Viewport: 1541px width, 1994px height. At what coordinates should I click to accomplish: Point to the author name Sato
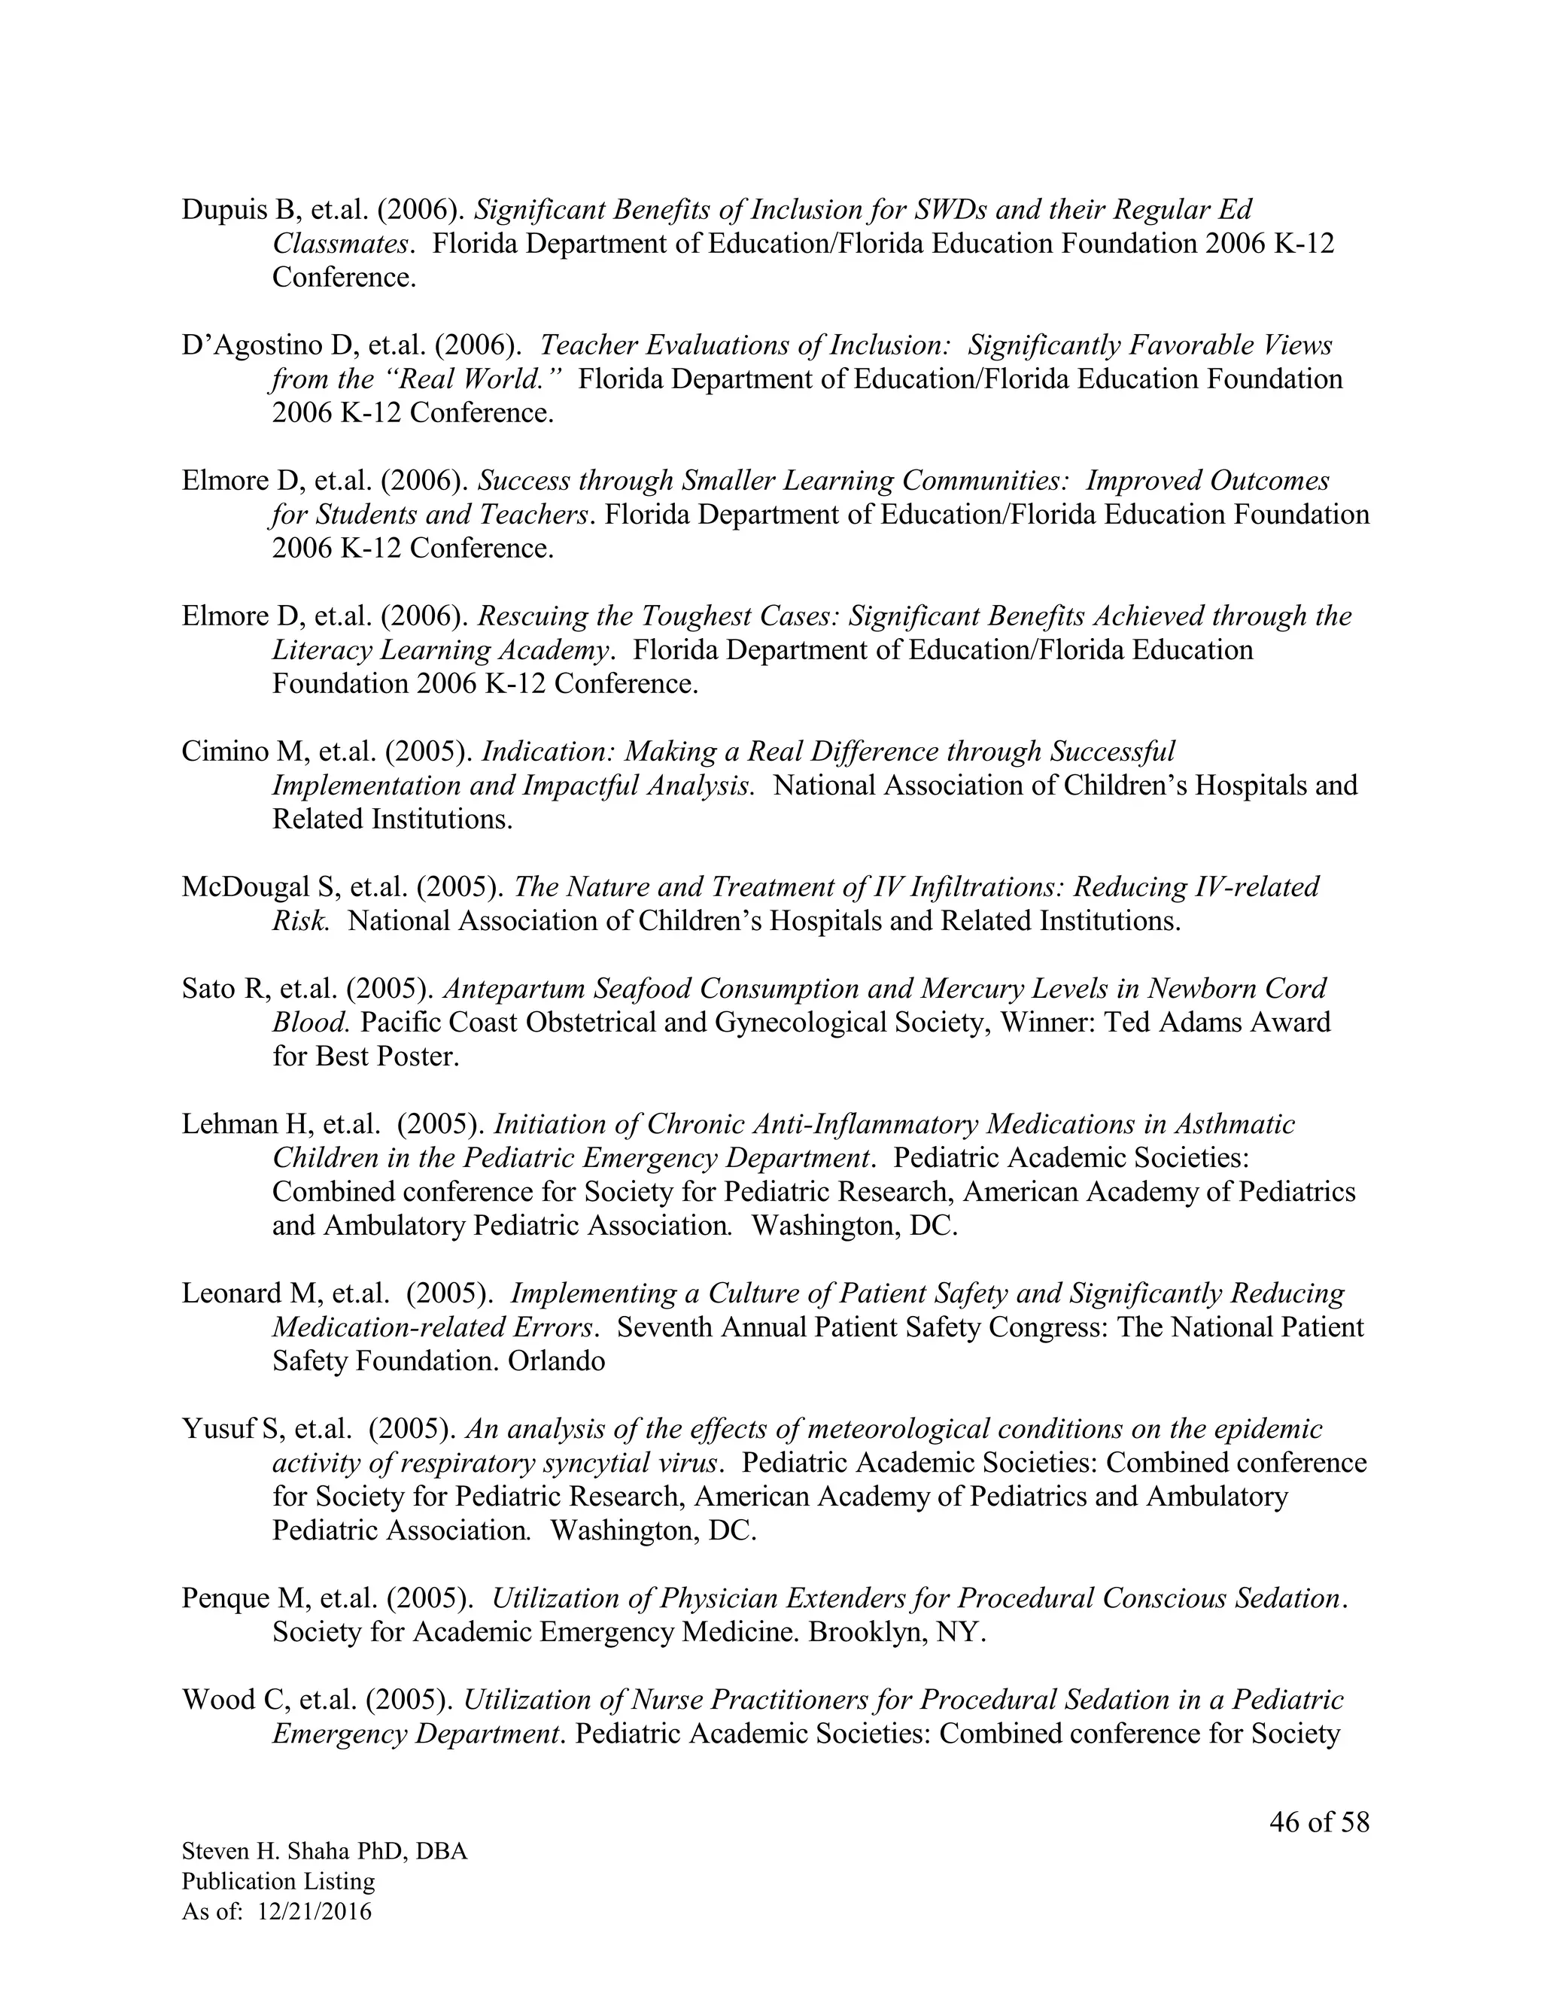[x=209, y=989]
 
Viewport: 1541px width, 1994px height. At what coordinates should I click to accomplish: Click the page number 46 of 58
[x=1319, y=1822]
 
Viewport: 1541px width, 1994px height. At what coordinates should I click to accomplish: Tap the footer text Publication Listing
[x=278, y=1882]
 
